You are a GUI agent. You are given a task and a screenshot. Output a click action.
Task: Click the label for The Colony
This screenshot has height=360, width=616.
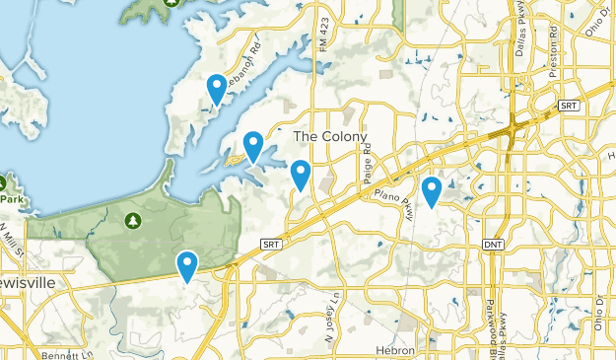click(x=330, y=136)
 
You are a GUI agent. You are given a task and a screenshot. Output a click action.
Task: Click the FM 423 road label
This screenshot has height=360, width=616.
click(x=323, y=41)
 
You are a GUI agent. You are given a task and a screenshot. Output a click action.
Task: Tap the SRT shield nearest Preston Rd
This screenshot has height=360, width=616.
click(x=569, y=105)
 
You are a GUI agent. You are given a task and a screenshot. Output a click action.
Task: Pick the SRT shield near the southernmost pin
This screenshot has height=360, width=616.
click(x=272, y=243)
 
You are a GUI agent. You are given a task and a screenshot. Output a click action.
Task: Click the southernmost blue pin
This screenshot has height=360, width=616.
click(x=187, y=265)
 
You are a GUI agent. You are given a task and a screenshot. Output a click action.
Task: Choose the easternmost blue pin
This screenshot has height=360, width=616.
click(x=431, y=191)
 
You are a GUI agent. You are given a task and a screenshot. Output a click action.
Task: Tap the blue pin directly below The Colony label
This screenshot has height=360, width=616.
click(x=301, y=175)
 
